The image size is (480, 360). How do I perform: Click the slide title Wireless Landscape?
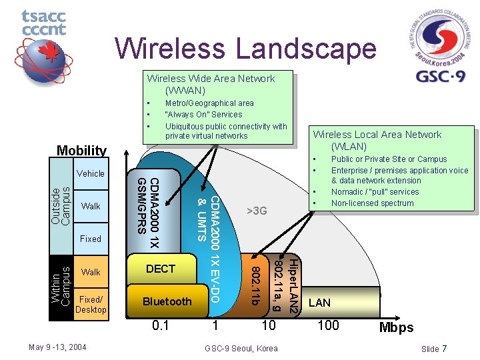[x=245, y=49]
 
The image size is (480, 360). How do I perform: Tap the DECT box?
[x=160, y=269]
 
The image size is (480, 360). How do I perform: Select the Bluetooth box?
[x=167, y=301]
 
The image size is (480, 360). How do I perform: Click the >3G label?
[x=257, y=211]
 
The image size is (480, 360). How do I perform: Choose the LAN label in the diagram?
[x=320, y=303]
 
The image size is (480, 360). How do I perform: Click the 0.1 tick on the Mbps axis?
[x=160, y=325]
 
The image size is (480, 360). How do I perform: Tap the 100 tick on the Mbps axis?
[x=328, y=325]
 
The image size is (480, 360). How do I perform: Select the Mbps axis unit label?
[x=396, y=327]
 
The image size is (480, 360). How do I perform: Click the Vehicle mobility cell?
[x=91, y=173]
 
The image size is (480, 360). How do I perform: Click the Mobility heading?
[x=81, y=151]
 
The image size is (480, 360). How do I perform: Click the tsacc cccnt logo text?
[x=44, y=23]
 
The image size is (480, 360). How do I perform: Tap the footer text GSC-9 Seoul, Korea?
[x=241, y=348]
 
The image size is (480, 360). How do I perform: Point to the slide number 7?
[x=444, y=349]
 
